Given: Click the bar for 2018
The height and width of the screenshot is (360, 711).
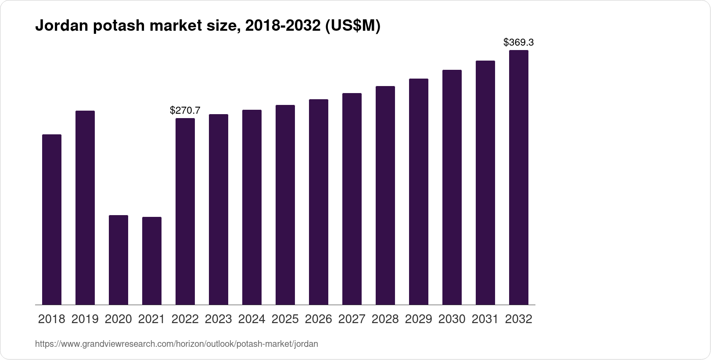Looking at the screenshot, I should tap(52, 220).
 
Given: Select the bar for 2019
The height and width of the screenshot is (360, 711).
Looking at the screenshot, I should tap(85, 208).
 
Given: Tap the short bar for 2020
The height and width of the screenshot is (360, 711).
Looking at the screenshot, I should tap(118, 260).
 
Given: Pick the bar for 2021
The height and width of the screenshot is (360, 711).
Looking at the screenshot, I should tap(152, 261).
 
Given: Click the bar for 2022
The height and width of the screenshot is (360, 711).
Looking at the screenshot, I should tap(185, 211).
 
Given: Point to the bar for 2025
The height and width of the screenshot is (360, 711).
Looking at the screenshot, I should tap(285, 205).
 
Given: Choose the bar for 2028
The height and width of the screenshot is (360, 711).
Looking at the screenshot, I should tap(385, 195).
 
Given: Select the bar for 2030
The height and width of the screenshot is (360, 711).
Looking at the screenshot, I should tap(452, 187).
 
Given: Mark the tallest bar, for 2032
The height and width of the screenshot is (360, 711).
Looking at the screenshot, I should tap(519, 177).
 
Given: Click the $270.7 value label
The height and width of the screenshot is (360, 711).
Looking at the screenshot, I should tap(185, 111).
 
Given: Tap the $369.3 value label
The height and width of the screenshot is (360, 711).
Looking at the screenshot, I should tap(519, 43).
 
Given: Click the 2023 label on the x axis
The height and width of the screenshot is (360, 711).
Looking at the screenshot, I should tap(219, 319).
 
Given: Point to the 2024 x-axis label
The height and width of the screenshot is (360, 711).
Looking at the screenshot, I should tap(252, 319).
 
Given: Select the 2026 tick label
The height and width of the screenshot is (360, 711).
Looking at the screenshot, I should tap(319, 319).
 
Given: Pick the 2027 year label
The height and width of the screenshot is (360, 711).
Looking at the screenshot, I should tap(352, 319).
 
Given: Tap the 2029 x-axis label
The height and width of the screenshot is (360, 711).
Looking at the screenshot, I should tap(419, 319).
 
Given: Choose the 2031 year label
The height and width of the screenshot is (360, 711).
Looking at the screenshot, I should tap(485, 319).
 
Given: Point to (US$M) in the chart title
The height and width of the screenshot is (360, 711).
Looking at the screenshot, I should tap(352, 26).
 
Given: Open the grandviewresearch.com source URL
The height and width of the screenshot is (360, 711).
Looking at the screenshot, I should tap(176, 344).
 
